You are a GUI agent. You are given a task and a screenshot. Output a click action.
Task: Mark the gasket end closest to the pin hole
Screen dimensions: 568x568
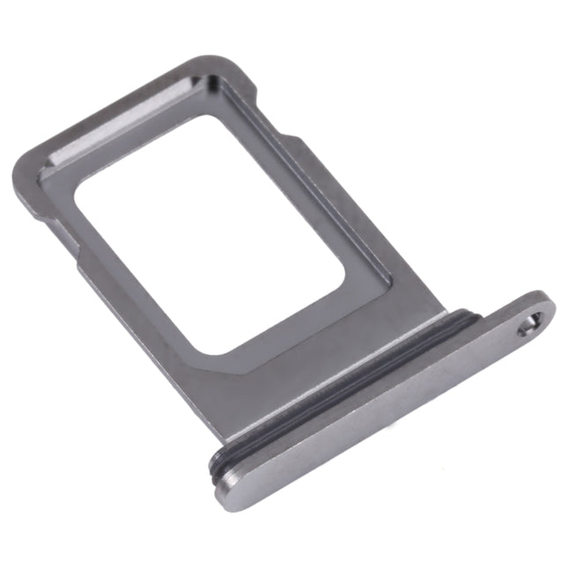[x=476, y=317]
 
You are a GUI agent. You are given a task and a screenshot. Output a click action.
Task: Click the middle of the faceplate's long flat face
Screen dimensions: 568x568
[x=387, y=405]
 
